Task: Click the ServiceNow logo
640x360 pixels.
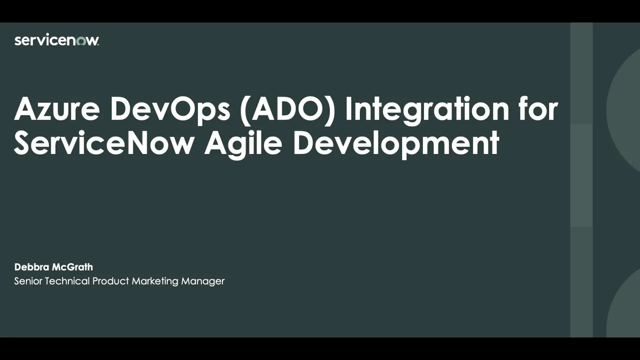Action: (x=56, y=40)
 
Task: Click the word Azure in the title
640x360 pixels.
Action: (x=56, y=109)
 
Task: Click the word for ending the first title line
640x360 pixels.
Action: (x=537, y=109)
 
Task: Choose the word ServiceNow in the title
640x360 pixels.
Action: (x=104, y=143)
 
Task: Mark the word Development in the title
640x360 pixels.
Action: (x=395, y=143)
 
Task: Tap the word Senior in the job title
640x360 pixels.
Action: (x=28, y=281)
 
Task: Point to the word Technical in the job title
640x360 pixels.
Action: (x=67, y=281)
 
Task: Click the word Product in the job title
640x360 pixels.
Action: (x=110, y=281)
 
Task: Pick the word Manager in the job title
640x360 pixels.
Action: (x=203, y=281)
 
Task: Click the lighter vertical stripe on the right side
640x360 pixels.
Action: (x=581, y=180)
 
